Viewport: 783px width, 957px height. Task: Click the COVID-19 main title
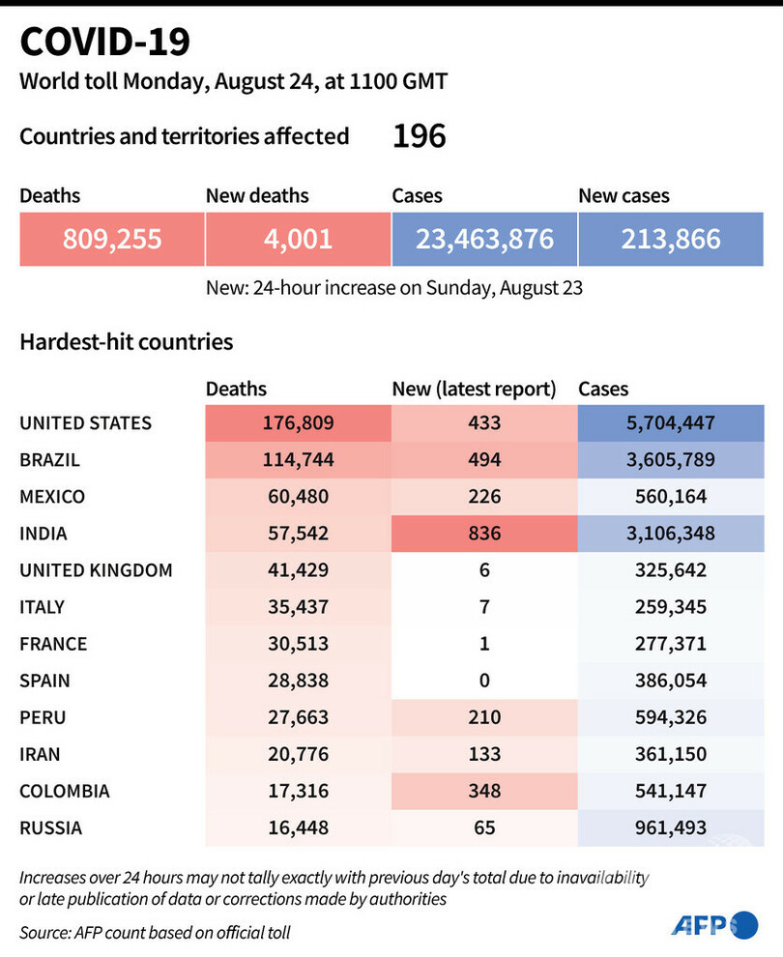[105, 43]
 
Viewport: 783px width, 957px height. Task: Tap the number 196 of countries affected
[419, 136]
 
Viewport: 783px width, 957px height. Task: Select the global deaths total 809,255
[111, 239]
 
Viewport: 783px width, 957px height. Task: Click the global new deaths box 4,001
[298, 239]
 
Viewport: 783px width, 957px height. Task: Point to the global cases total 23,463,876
[484, 239]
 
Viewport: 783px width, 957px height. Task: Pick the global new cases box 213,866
[671, 239]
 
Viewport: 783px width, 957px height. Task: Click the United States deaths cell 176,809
[298, 422]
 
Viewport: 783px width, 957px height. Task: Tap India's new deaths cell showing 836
[483, 533]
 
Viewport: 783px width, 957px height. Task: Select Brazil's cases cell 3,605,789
[671, 459]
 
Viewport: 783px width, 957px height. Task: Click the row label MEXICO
[52, 497]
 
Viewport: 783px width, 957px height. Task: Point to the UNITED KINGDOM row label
[96, 570]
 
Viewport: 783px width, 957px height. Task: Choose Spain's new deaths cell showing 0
[483, 681]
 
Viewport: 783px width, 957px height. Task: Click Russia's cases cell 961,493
[671, 827]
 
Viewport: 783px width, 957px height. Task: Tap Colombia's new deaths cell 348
[483, 791]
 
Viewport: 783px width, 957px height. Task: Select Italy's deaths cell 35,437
[298, 607]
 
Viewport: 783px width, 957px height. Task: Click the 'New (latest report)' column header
[474, 390]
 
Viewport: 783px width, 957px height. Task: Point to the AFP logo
[714, 925]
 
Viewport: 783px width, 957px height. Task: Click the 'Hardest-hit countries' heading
[126, 341]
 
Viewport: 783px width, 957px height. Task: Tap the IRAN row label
[42, 754]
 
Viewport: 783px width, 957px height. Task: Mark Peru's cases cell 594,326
[671, 717]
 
